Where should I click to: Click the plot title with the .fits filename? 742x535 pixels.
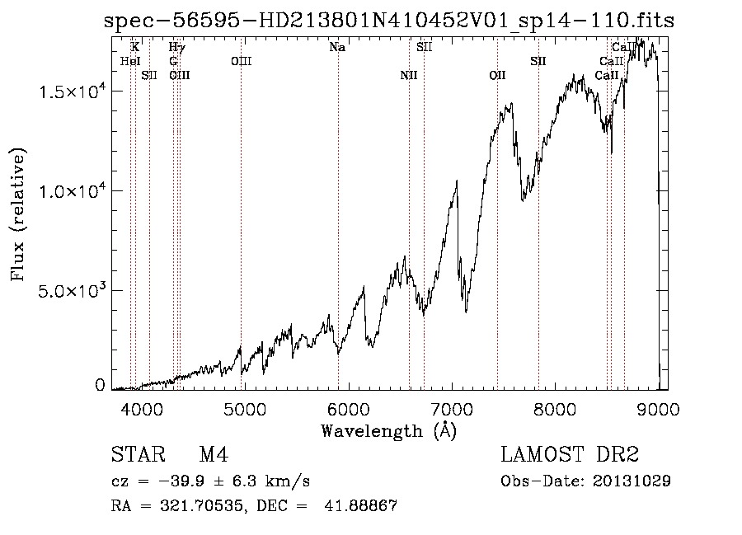tap(389, 21)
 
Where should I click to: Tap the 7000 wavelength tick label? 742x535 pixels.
tap(452, 408)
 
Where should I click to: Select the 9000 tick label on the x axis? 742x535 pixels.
tap(658, 408)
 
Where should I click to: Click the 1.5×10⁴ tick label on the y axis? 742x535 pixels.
tap(72, 92)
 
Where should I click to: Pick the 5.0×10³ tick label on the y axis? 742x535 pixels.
tap(72, 291)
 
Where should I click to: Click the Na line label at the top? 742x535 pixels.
tap(337, 48)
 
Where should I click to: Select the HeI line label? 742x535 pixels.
tap(130, 61)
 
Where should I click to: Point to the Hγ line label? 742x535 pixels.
tap(176, 48)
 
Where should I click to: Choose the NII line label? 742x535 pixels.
tap(409, 75)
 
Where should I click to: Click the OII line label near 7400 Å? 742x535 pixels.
tap(497, 75)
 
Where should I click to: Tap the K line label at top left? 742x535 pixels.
tap(135, 48)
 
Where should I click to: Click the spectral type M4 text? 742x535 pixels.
tap(213, 455)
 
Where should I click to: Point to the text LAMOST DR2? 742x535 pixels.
tap(569, 455)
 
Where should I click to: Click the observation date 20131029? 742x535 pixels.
tap(631, 481)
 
